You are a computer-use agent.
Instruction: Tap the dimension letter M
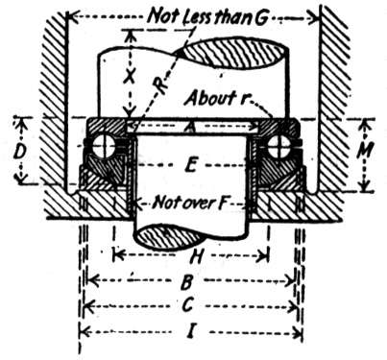(365, 151)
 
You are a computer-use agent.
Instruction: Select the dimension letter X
(129, 77)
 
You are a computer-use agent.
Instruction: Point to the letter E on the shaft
(191, 165)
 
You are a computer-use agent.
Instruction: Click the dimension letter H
(197, 256)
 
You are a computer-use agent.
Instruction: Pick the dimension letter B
(187, 281)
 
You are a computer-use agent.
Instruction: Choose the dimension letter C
(187, 305)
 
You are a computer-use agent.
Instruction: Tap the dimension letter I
(191, 331)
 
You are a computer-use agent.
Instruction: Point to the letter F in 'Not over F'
(221, 203)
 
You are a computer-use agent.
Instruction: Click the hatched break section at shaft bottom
(169, 237)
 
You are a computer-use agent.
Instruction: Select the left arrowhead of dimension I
(84, 332)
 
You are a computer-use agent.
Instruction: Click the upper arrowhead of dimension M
(364, 125)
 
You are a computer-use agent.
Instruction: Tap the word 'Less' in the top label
(200, 17)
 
